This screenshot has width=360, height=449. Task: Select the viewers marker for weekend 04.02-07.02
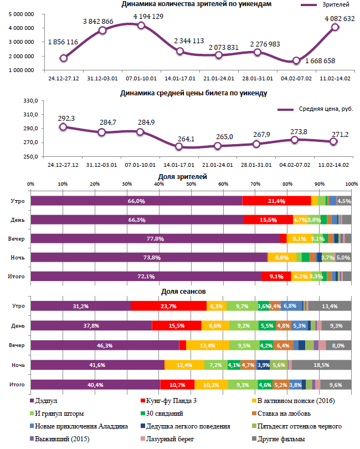click(x=296, y=61)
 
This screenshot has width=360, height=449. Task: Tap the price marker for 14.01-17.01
click(x=179, y=147)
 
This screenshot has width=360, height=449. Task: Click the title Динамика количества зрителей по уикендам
click(x=197, y=4)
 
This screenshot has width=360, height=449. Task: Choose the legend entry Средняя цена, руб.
click(x=322, y=110)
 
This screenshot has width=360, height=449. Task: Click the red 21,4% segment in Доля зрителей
click(x=276, y=201)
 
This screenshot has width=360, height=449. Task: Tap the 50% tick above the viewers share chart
click(x=191, y=184)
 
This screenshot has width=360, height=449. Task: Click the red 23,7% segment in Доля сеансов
click(x=168, y=306)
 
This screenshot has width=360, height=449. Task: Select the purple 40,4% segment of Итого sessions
click(x=95, y=384)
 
